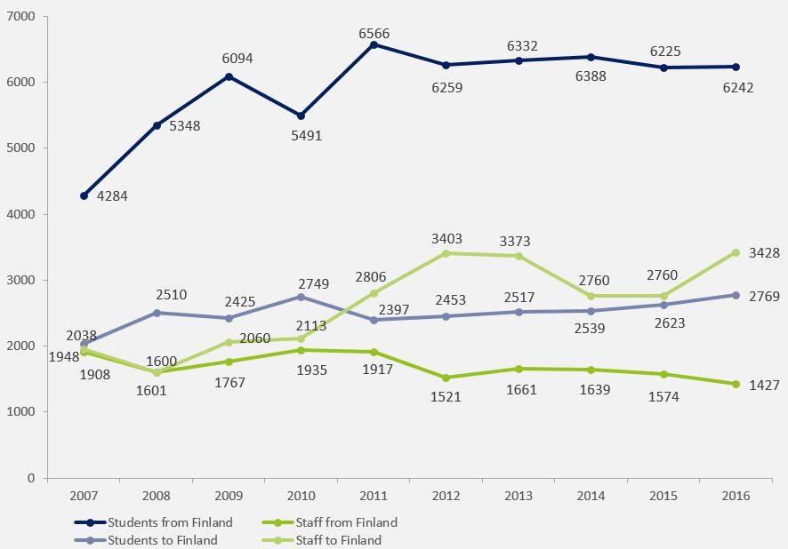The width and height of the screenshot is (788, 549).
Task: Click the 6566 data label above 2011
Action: pyautogui.click(x=374, y=34)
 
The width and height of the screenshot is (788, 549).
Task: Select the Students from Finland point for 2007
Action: pyautogui.click(x=84, y=195)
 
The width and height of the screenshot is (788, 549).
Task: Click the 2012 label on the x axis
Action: pyautogui.click(x=446, y=494)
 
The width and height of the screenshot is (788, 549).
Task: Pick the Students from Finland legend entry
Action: pyautogui.click(x=170, y=522)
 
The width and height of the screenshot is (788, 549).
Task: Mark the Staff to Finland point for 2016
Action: pyautogui.click(x=736, y=252)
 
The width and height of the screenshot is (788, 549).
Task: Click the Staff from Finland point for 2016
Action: pyautogui.click(x=736, y=384)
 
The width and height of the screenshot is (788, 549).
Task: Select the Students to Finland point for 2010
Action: pyautogui.click(x=302, y=297)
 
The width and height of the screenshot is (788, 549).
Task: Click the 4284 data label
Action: pyautogui.click(x=112, y=196)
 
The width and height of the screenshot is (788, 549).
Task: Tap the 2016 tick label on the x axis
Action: pyautogui.click(x=736, y=494)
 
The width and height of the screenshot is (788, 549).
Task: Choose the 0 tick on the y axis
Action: pyautogui.click(x=31, y=478)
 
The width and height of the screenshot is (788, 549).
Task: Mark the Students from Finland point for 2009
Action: pyautogui.click(x=229, y=76)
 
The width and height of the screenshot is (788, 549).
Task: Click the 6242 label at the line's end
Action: pyautogui.click(x=737, y=88)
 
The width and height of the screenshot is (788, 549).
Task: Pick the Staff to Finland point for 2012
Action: pyautogui.click(x=446, y=253)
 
